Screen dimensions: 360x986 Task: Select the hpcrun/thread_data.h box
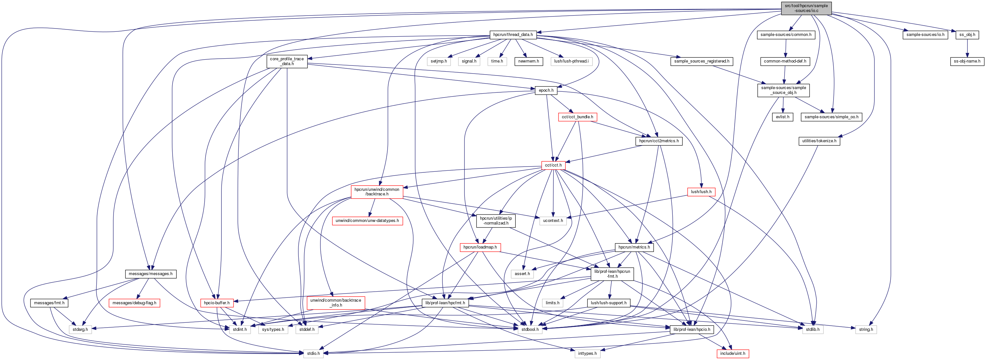tap(513, 35)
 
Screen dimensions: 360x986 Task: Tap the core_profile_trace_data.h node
tap(287, 61)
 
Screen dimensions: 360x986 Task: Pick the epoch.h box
tap(546, 90)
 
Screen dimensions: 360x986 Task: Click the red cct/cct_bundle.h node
tap(577, 117)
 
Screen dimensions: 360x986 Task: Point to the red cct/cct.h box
tap(553, 165)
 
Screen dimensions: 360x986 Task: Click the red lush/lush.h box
tap(701, 192)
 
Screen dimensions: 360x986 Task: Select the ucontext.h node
tap(553, 221)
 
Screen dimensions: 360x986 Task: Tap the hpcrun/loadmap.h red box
tap(480, 248)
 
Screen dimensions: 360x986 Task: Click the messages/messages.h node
tap(150, 274)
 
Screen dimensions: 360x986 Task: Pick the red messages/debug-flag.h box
tap(134, 303)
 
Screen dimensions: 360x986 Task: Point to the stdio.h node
tap(313, 354)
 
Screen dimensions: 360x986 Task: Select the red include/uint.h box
tap(733, 354)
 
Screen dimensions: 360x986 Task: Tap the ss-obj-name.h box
tap(967, 61)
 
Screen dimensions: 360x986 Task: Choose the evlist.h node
tap(782, 117)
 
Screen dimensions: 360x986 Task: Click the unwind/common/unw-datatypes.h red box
tap(367, 221)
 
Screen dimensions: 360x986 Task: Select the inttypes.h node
tap(587, 354)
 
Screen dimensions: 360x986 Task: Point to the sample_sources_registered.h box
tap(701, 61)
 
